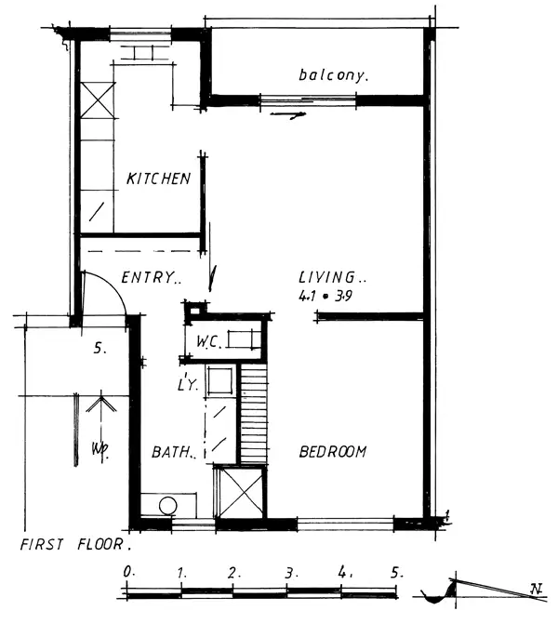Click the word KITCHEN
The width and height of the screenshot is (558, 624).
159,179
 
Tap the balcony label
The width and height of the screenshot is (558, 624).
334,74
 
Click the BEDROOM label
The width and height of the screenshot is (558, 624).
332,452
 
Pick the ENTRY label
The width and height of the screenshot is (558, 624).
151,277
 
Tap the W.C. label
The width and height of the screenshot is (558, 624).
206,342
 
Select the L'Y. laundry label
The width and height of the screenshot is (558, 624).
186,383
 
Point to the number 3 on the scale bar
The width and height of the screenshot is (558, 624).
290,571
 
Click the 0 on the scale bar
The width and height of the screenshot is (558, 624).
128,570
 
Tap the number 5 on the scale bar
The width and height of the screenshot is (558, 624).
398,571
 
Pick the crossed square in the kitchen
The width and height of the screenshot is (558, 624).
96,99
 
